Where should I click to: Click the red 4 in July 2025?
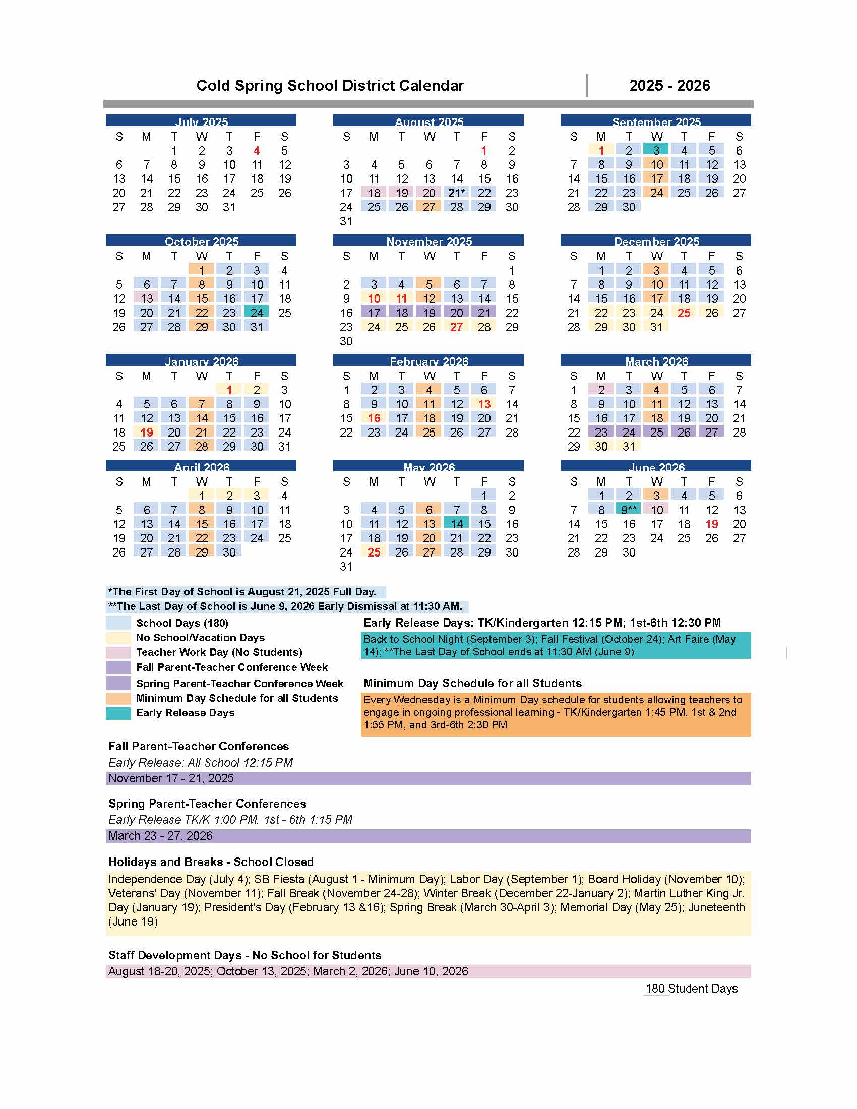(257, 151)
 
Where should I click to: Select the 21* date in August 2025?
(456, 193)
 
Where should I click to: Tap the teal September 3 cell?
(656, 150)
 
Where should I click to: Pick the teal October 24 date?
(257, 313)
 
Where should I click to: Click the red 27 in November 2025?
(456, 327)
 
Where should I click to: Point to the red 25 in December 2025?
(684, 313)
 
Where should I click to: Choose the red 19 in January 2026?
(147, 432)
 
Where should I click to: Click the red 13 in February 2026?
(484, 404)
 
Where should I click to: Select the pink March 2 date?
(601, 390)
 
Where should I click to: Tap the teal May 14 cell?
(456, 524)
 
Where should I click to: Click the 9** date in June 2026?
(629, 510)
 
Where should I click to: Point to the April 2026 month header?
(201, 467)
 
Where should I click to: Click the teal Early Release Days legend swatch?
(118, 713)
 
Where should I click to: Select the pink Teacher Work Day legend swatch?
(118, 652)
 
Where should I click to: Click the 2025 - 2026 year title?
(669, 86)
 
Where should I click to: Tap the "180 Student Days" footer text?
(691, 989)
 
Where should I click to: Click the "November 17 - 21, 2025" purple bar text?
(171, 778)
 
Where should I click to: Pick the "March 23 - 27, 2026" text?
(160, 836)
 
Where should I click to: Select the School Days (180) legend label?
(182, 623)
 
